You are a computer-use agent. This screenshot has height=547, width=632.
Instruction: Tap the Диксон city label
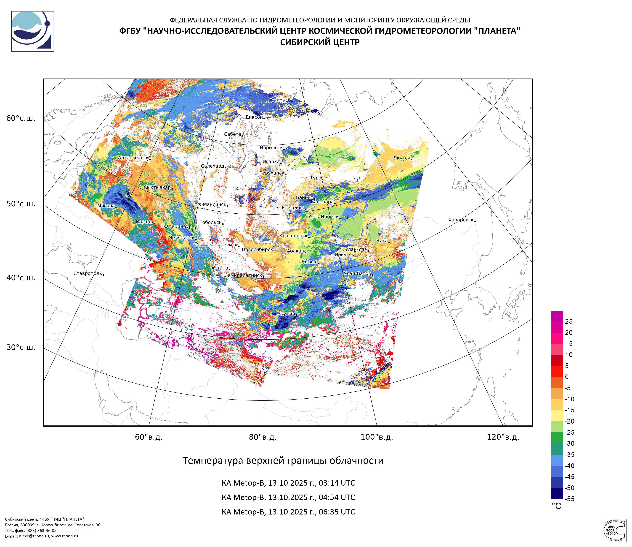pyautogui.click(x=254, y=117)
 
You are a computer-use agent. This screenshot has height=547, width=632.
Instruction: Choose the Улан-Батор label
pyautogui.click(x=357, y=273)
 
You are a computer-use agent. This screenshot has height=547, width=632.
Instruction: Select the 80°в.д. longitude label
pyautogui.click(x=263, y=437)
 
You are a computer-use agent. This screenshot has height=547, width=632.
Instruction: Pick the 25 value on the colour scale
pyautogui.click(x=568, y=321)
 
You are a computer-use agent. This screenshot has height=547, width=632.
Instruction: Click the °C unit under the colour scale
pyautogui.click(x=556, y=506)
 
